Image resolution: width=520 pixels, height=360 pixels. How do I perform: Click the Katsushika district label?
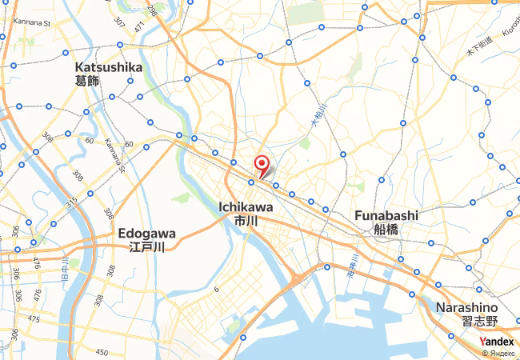point(108,67)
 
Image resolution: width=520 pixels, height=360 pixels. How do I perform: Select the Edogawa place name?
point(146,233)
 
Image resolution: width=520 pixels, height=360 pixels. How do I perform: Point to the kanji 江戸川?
point(146,247)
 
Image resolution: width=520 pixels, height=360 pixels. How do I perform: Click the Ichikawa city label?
point(246,206)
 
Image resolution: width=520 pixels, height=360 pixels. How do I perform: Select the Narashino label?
point(467,307)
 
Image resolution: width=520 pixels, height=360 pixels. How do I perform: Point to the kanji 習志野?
point(479,321)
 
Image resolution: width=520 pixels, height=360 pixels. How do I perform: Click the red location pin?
point(261,166)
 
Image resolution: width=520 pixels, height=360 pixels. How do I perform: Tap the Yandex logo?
point(497,342)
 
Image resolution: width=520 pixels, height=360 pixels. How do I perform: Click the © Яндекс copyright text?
point(498,353)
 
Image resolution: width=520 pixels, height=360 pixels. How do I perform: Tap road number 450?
point(102,352)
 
